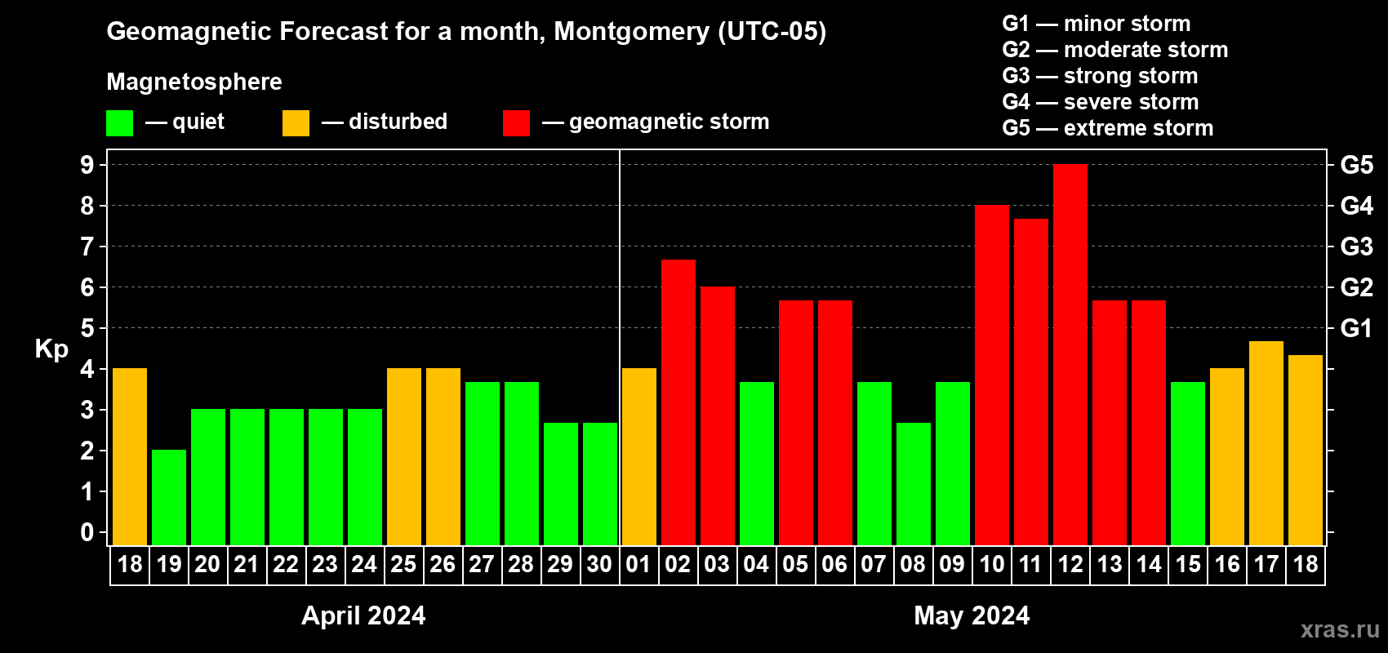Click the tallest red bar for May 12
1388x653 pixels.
tap(1070, 354)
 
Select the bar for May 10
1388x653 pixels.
tap(991, 375)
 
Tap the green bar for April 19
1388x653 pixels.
tap(169, 497)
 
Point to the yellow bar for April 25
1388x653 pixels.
tap(404, 456)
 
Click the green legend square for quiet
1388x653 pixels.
tap(119, 123)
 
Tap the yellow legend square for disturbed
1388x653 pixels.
tap(296, 123)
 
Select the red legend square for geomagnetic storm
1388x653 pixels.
tap(516, 123)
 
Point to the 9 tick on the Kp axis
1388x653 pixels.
tap(87, 165)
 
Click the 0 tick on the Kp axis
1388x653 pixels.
tap(87, 532)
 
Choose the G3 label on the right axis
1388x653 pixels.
tap(1356, 247)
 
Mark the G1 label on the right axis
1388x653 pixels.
tap(1356, 328)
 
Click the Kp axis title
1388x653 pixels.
tap(51, 349)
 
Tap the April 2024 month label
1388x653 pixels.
tap(363, 615)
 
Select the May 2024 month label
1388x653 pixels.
tap(972, 615)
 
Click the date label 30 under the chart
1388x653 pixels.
tap(599, 565)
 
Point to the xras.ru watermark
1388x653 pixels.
tap(1339, 629)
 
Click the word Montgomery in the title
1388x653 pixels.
tap(632, 32)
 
